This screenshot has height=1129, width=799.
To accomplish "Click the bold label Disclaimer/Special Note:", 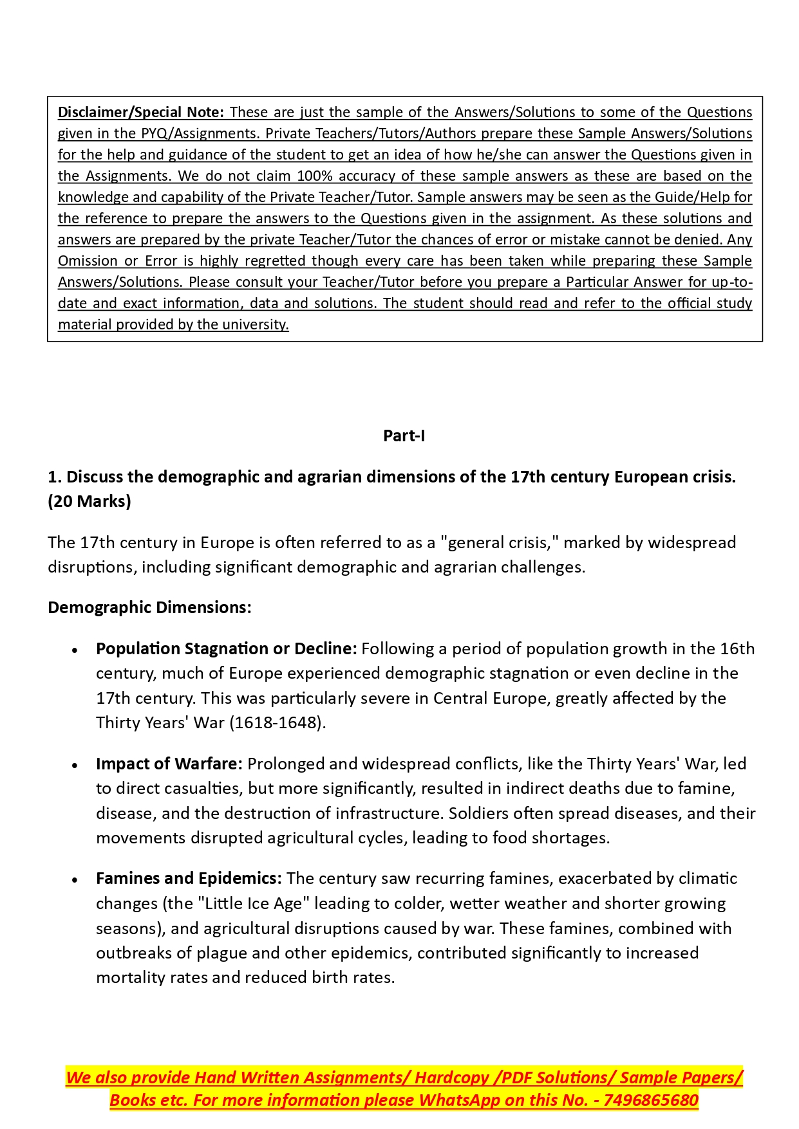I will point(140,113).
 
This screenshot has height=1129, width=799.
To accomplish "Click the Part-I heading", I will point(404,436).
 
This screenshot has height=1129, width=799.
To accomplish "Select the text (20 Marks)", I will point(89,502).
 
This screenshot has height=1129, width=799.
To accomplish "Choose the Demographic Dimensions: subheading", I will point(149,608).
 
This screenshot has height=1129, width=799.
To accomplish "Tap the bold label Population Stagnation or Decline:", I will point(226,649).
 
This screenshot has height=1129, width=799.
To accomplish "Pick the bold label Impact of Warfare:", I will point(169,764).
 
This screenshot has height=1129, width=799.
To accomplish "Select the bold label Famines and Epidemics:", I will point(189,879).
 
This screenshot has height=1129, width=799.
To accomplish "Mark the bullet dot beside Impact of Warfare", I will point(75,766).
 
